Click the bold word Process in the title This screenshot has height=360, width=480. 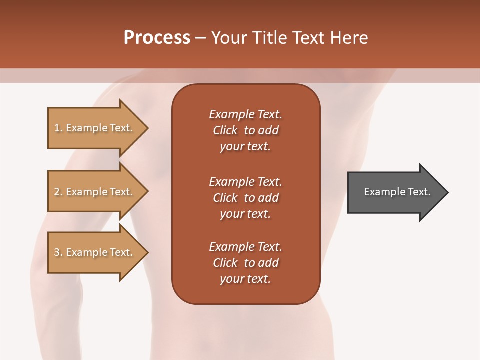point(157,38)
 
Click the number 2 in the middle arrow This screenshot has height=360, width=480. point(56,192)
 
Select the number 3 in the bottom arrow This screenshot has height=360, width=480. point(56,252)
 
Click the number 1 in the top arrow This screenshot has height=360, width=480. point(56,128)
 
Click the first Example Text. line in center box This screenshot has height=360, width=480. point(245,114)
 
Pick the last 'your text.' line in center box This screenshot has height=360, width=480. point(245,279)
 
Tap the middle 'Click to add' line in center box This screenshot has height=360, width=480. point(245,198)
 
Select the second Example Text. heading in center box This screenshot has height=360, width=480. point(245,182)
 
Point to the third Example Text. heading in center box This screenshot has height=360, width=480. point(245,247)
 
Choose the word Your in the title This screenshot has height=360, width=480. point(228,38)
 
